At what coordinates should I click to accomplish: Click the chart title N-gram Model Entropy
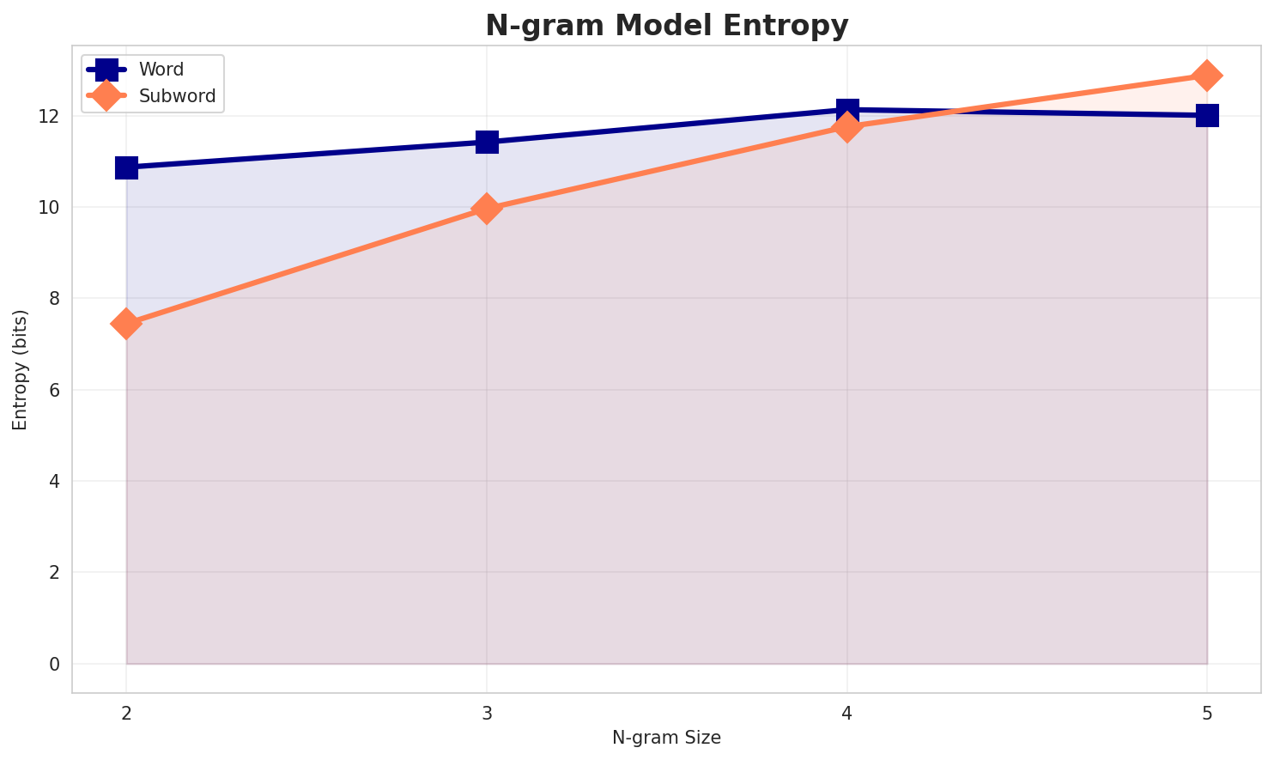[x=666, y=26]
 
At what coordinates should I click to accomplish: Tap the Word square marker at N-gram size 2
[x=126, y=167]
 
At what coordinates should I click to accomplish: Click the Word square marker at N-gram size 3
[x=487, y=142]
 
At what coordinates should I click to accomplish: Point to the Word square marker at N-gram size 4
[x=847, y=110]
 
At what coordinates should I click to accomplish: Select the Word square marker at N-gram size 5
[x=1207, y=115]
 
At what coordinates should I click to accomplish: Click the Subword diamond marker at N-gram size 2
[x=126, y=324]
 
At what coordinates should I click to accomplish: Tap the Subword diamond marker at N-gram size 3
[x=487, y=209]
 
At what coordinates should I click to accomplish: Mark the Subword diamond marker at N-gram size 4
[x=847, y=128]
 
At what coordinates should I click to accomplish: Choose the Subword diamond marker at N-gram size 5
[x=1207, y=76]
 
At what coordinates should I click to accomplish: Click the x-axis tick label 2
[x=126, y=713]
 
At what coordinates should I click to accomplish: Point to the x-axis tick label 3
[x=487, y=713]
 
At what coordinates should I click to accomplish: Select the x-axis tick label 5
[x=1207, y=713]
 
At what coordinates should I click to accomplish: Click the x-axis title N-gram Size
[x=666, y=738]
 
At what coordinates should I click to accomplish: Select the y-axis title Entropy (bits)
[x=20, y=369]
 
